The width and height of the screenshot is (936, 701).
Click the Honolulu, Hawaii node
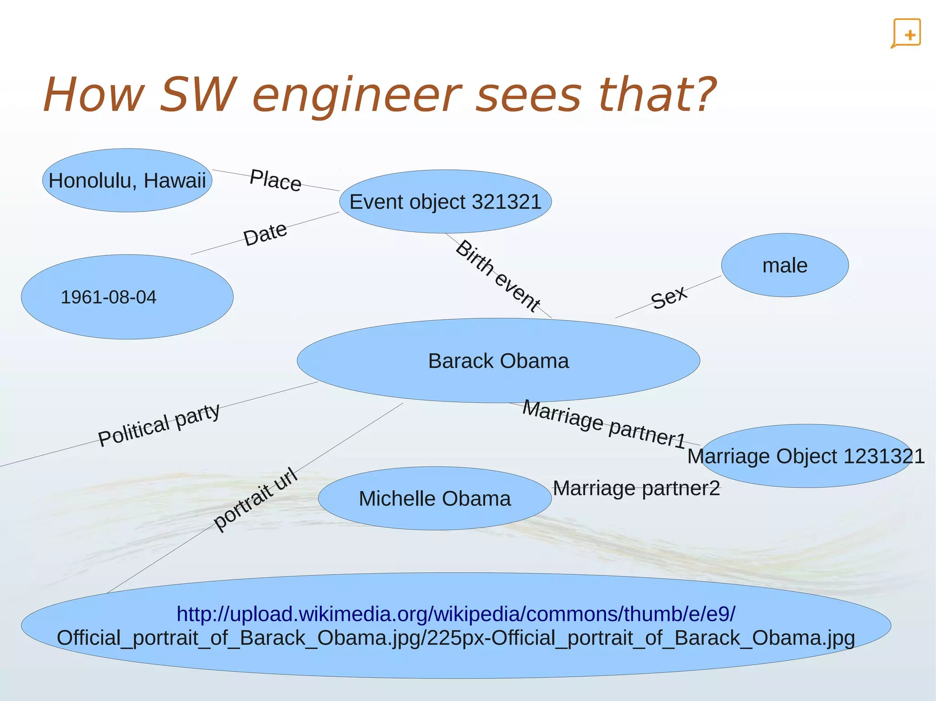[x=127, y=180]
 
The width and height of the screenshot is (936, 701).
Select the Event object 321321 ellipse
[x=445, y=202]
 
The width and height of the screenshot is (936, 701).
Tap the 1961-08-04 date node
[x=127, y=297]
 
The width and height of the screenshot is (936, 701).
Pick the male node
[x=785, y=265]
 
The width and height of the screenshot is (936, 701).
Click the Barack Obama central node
[x=498, y=361]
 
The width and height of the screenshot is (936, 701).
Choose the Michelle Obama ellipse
[x=435, y=498]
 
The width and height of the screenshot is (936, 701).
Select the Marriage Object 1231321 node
[x=806, y=456]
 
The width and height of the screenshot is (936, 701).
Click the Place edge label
[x=276, y=180]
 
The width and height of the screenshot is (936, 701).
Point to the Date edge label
[x=265, y=234]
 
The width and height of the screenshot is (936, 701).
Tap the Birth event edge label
[x=498, y=276]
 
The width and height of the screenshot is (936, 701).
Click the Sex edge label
[x=669, y=297]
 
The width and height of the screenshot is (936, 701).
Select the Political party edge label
[x=159, y=425]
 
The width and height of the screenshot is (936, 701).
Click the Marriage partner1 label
[x=604, y=424]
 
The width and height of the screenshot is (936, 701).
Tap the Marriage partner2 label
[x=636, y=488]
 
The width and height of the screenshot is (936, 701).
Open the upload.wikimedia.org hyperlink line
[x=456, y=614]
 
